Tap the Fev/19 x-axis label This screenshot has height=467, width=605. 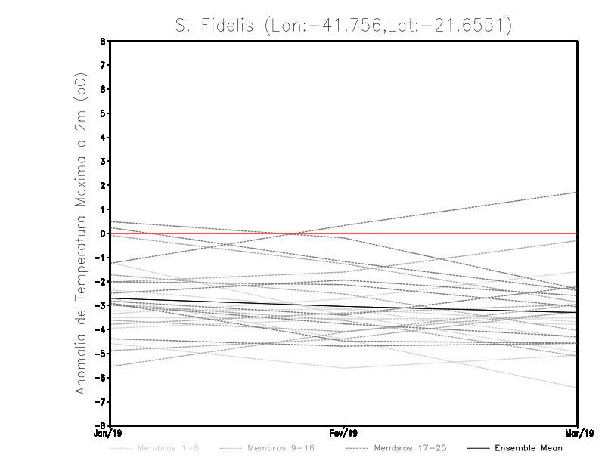click(344, 433)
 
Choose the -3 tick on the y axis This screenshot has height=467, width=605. click(102, 305)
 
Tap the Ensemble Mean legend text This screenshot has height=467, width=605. click(528, 448)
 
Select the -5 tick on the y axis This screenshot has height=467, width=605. click(102, 354)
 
